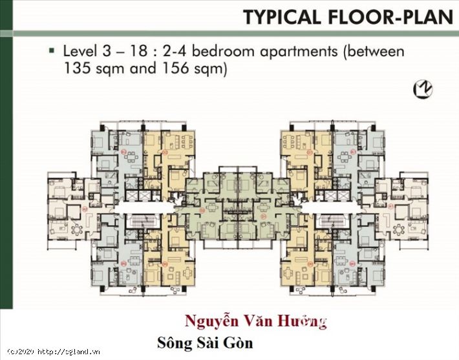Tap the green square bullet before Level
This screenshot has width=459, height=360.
tap(52, 50)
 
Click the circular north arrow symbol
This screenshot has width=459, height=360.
tap(424, 89)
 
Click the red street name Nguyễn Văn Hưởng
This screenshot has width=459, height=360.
tap(255, 321)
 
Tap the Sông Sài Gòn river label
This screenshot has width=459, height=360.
tap(206, 343)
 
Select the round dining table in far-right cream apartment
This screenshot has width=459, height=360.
tap(397, 228)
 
